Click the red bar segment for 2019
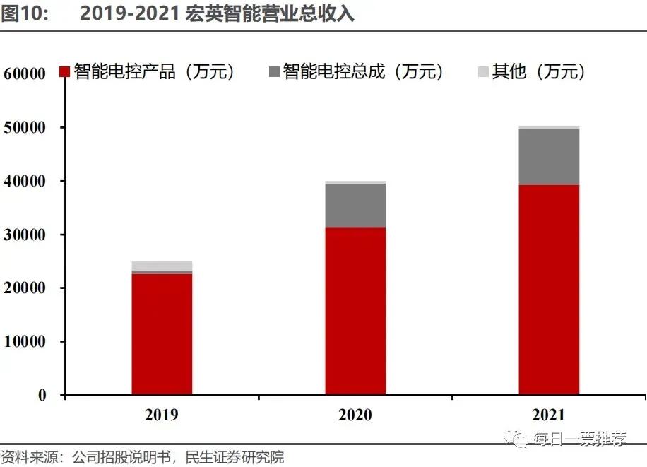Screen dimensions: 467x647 (162, 333)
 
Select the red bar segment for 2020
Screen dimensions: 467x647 (355, 311)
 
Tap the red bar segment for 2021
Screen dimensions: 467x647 (549, 289)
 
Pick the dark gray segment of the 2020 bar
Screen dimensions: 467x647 (355, 206)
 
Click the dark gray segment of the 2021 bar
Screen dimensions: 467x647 (549, 157)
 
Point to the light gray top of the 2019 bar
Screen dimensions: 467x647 (162, 266)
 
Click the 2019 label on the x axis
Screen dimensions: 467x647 (162, 415)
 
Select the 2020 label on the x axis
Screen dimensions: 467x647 (355, 415)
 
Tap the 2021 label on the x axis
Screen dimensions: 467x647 (549, 415)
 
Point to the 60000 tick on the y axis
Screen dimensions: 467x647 (25, 74)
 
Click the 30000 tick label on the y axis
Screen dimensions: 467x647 (25, 235)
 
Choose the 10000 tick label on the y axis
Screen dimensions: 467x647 (25, 342)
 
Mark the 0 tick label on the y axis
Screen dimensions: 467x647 (42, 395)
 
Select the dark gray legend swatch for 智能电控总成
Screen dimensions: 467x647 (275, 72)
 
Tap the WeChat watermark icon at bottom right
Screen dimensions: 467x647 (519, 439)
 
